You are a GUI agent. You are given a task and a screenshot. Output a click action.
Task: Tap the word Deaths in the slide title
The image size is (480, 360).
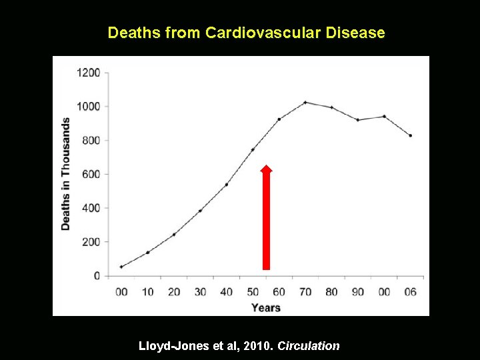tap(134, 33)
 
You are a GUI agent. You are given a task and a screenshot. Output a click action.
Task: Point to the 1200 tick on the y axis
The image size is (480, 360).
tap(88, 73)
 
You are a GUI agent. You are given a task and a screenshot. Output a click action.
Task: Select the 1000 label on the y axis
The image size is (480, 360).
tap(88, 107)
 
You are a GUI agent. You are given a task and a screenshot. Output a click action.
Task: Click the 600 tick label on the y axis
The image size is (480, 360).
tap(91, 174)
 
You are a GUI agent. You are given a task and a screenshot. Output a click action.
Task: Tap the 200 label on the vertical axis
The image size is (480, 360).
tap(91, 242)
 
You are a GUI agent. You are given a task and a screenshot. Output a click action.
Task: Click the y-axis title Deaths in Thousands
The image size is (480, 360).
tap(65, 174)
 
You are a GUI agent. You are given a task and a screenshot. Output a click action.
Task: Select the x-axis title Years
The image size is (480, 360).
tap(265, 307)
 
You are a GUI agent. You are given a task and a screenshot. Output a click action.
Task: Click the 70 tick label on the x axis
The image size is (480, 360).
tap(305, 292)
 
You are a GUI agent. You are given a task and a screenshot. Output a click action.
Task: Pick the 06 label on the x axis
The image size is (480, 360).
tap(410, 292)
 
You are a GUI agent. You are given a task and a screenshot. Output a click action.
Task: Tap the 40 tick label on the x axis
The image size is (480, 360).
tap(226, 292)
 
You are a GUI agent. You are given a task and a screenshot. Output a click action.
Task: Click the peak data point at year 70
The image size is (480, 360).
tap(305, 103)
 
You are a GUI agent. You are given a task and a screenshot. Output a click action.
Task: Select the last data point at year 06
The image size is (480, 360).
tap(410, 135)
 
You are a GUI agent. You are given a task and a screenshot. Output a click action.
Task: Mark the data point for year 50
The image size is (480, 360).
tap(253, 149)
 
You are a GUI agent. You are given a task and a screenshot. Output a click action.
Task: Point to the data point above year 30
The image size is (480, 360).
tap(200, 211)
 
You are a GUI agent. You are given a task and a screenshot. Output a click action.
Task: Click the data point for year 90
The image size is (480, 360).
tap(358, 120)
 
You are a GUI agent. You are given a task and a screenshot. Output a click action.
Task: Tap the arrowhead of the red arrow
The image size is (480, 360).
tap(266, 170)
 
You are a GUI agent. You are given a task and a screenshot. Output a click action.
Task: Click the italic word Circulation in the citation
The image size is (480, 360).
tap(309, 346)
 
